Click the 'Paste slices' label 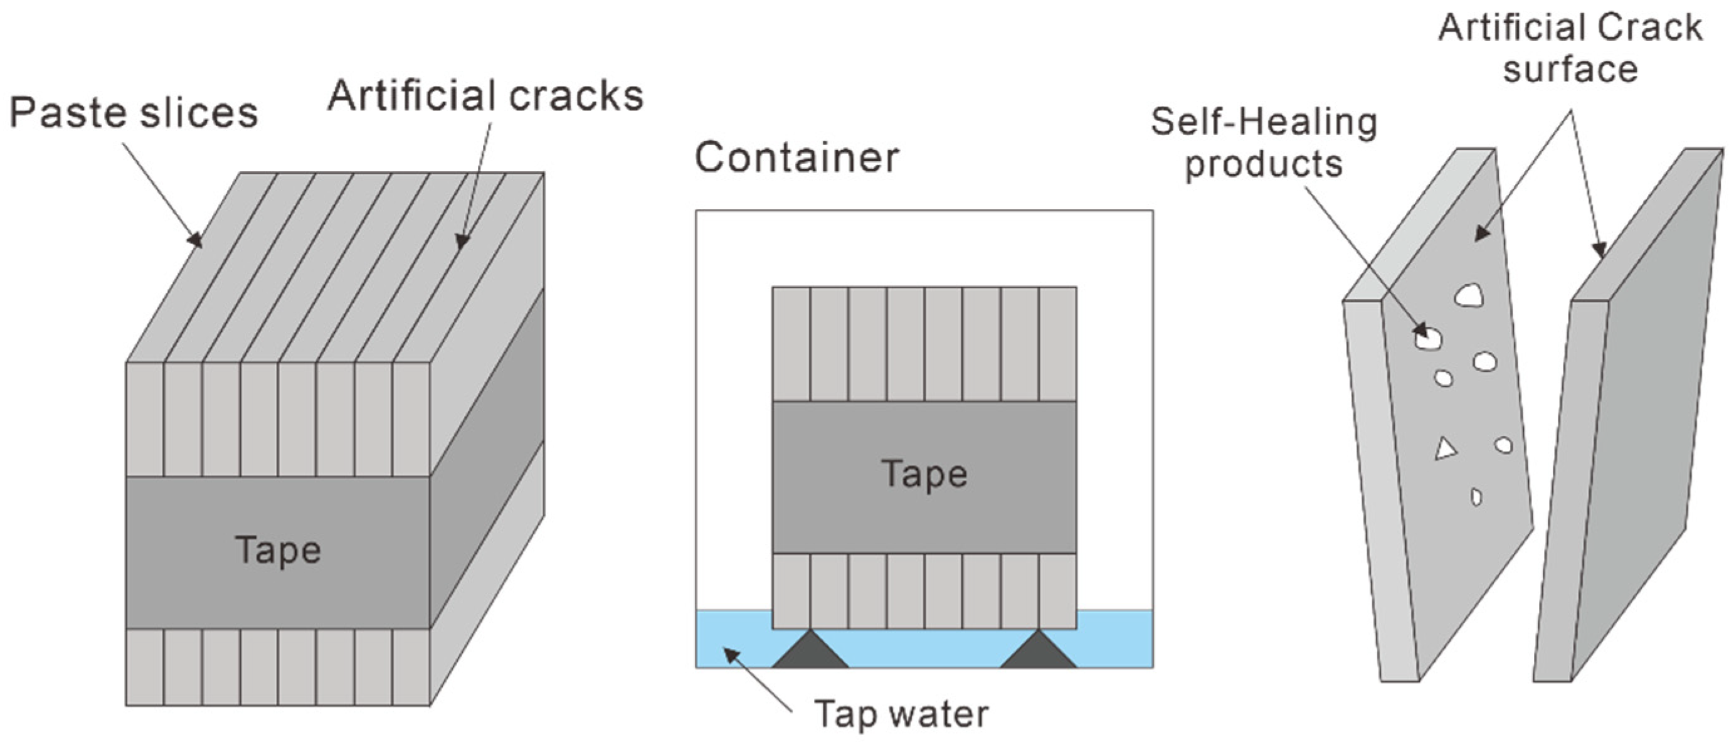(134, 112)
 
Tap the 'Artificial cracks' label (485, 95)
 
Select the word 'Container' (796, 157)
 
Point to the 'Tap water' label (901, 714)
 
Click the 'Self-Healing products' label (1264, 143)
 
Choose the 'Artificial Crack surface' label (1570, 48)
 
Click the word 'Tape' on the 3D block (278, 550)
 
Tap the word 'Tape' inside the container (924, 474)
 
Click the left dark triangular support (810, 652)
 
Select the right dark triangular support (1039, 652)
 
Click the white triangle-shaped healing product (1444, 449)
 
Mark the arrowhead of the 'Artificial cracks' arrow (461, 242)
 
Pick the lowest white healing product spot (1476, 497)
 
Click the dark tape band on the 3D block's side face (487, 458)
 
